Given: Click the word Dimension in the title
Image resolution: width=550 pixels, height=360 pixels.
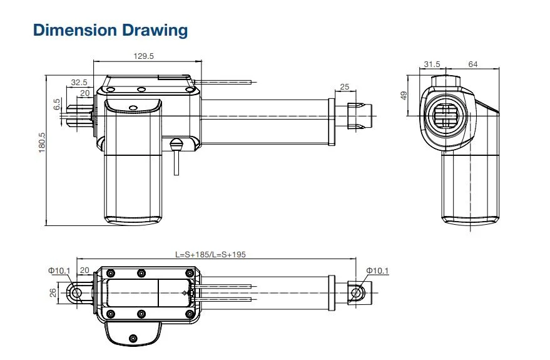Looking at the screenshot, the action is pos(75,30).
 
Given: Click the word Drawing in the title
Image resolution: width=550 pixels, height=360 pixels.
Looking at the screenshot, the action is pos(155,31).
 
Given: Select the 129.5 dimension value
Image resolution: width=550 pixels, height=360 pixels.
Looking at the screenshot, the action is pos(143,56).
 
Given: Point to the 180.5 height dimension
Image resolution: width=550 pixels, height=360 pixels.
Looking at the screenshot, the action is pos(42,143).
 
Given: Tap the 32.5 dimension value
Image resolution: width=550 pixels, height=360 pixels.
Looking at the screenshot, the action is pos(79,83).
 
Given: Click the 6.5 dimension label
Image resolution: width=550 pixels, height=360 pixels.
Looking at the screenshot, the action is pos(57,104).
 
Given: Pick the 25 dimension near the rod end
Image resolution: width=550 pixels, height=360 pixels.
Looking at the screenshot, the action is pos(345,86).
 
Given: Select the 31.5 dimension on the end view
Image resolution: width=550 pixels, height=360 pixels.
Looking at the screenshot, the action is pos(432,64).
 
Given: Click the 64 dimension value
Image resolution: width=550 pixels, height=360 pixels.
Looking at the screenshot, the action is pos(473,64).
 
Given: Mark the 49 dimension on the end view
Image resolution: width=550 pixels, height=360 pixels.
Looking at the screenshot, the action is pos(404,95).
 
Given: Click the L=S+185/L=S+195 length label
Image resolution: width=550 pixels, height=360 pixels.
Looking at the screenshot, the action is pos(210,254).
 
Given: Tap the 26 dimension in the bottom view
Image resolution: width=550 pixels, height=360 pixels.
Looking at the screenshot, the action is pos(53,292).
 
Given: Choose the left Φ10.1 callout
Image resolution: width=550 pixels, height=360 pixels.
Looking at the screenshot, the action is pos(59,270).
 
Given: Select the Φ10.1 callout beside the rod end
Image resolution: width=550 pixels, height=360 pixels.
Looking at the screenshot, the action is pos(377,270).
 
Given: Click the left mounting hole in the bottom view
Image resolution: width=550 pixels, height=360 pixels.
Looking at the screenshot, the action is pos(77,292).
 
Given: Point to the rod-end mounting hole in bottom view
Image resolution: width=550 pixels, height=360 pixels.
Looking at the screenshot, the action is pos(356,292).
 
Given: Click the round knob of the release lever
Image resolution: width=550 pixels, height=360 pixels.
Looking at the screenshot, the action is pos(176,143).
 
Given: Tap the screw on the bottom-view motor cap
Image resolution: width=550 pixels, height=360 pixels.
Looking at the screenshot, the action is pos(133,338).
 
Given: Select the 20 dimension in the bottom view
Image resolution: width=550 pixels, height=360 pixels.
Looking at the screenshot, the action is pos(84,270).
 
